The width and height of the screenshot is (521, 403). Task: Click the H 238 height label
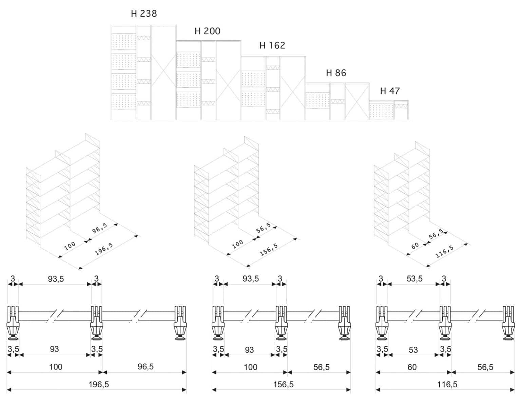[x=144, y=14]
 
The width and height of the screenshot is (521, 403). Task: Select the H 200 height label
[x=207, y=31]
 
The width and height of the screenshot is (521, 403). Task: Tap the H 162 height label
[x=272, y=45]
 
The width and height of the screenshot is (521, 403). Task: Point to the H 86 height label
[x=336, y=73]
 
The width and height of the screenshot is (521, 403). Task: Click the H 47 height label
[x=390, y=91]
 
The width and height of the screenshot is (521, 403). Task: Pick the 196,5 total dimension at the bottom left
[x=99, y=384]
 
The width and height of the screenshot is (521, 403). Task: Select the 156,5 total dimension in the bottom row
[x=283, y=384]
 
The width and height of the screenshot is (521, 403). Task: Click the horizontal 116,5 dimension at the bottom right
[x=447, y=384]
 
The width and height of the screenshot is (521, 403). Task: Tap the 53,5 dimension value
[x=414, y=279]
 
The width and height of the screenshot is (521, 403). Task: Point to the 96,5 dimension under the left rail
[x=146, y=367]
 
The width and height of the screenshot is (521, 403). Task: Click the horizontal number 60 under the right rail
[x=412, y=367]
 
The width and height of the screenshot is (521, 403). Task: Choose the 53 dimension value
[x=413, y=350]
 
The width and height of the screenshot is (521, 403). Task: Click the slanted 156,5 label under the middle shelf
[x=269, y=250]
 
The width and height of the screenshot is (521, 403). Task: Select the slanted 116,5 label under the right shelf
[x=444, y=251]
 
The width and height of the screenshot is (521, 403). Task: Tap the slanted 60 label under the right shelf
[x=415, y=246]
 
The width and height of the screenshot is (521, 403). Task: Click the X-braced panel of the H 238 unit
[x=163, y=73]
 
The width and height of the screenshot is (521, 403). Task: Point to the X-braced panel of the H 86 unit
[x=357, y=101]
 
